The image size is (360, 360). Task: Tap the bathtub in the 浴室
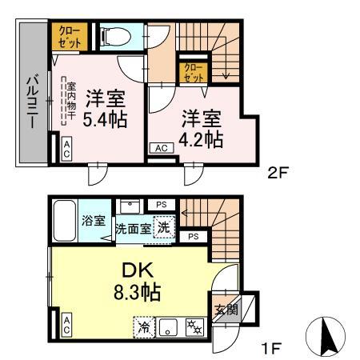tap(65, 221)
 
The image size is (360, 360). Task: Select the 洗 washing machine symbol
tap(164, 227)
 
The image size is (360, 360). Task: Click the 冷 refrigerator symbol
tap(144, 327)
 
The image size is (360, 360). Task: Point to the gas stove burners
tap(194, 327)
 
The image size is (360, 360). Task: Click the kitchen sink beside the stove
tap(168, 327)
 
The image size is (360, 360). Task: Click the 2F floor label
tap(278, 174)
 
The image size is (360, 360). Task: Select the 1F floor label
tap(271, 348)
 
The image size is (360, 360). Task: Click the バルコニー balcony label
tap(33, 102)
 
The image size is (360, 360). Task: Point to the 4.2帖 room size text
tap(201, 139)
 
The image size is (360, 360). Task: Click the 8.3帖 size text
tap(137, 293)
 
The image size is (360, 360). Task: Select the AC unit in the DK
tap(66, 326)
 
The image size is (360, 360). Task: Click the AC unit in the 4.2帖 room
tap(162, 148)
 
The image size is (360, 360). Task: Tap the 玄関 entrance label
tap(226, 310)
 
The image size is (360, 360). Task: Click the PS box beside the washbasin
tap(162, 205)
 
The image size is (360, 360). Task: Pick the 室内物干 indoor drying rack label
tap(71, 101)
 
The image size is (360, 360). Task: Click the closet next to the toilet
tap(70, 37)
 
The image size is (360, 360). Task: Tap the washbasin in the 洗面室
tap(130, 206)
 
